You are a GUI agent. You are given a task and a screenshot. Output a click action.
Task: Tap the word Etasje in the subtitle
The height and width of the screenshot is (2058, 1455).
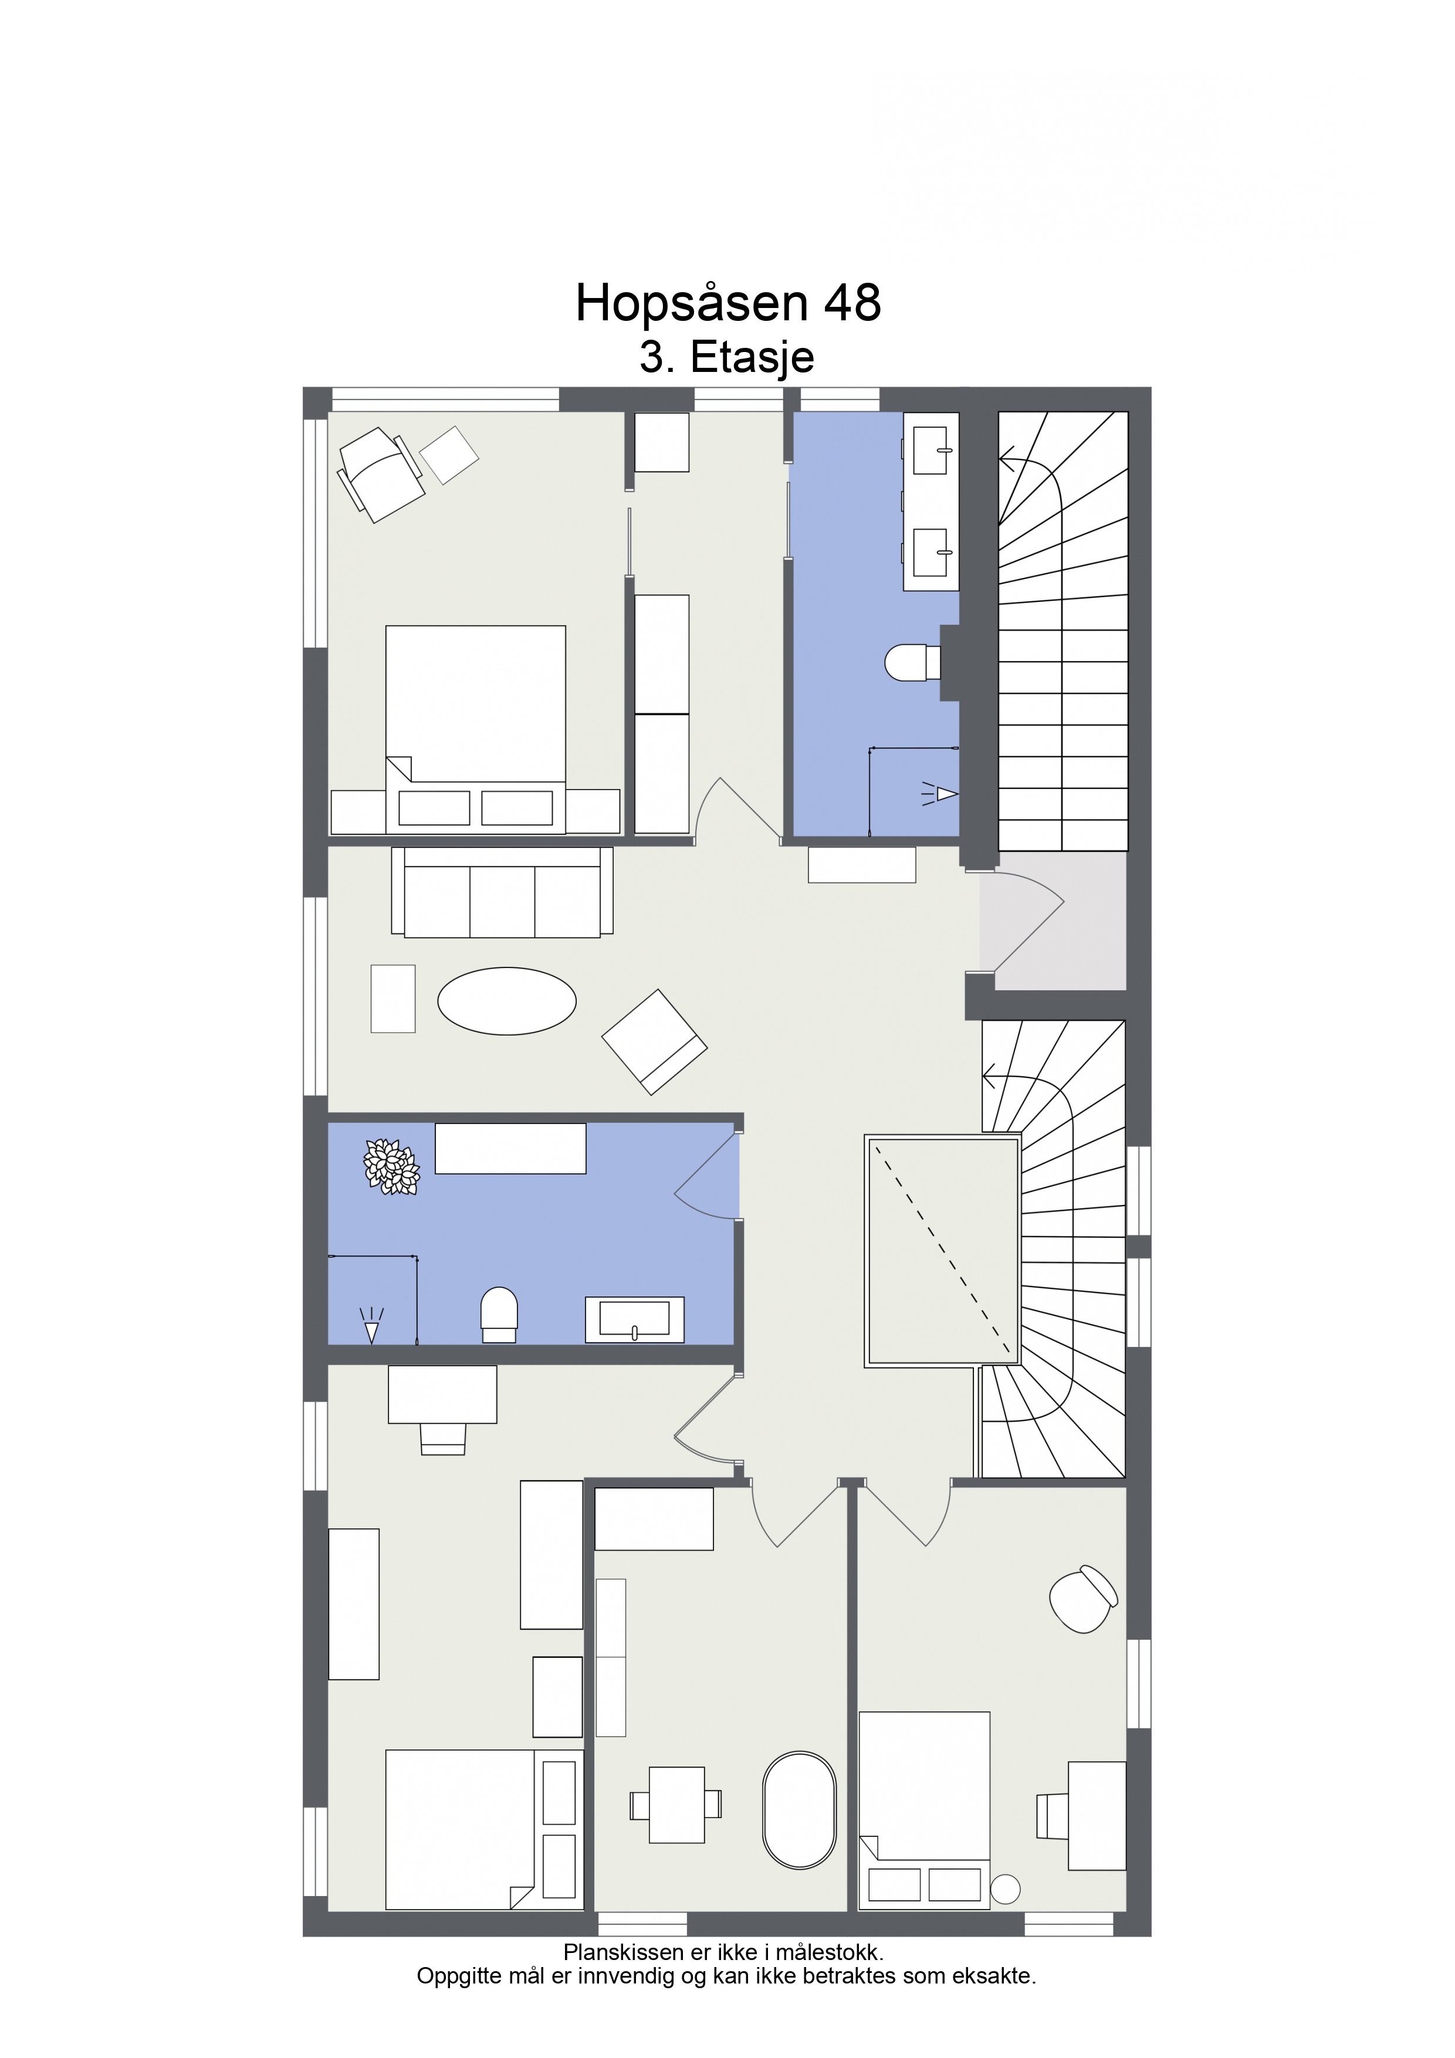(x=752, y=358)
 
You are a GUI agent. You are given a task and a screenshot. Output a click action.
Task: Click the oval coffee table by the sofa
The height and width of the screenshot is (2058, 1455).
(x=506, y=1001)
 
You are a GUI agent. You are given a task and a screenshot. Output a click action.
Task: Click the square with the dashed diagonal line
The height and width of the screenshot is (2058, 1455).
(x=942, y=1250)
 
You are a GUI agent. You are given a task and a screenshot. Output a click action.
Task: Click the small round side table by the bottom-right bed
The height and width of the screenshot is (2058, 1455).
(x=1005, y=1888)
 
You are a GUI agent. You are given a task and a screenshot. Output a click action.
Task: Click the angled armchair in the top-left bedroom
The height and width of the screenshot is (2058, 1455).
(x=380, y=475)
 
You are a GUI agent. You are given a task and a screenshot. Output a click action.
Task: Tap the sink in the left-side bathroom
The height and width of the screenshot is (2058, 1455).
(x=635, y=1319)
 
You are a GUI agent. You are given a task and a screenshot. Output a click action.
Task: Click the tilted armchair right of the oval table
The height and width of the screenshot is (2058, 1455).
(x=654, y=1041)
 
